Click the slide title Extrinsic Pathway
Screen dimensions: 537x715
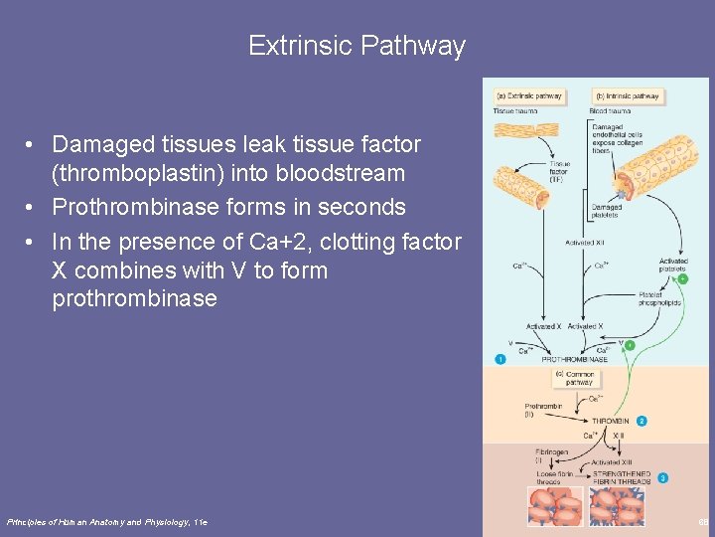(357, 46)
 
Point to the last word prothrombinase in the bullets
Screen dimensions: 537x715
(134, 298)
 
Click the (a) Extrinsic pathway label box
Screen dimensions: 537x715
(529, 96)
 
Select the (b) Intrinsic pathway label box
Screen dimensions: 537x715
(627, 96)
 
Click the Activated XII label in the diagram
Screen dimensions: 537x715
(586, 242)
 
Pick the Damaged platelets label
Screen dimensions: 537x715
(605, 211)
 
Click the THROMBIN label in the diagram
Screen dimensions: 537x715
(610, 422)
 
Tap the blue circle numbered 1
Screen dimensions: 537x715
(500, 359)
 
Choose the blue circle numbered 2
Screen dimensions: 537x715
(642, 422)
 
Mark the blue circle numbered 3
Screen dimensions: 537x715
(662, 478)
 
